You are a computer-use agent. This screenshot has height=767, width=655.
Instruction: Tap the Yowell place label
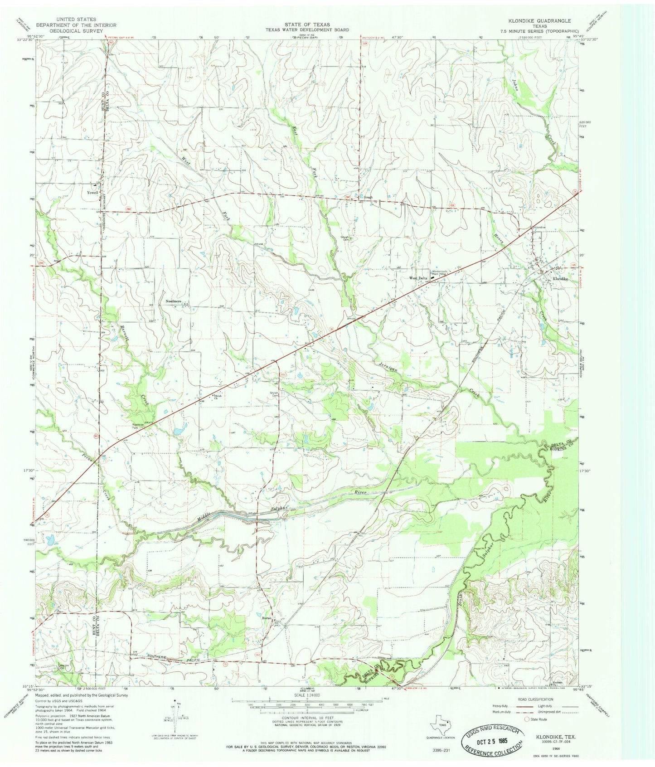[92, 192]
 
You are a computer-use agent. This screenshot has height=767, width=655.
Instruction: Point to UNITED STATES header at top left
[76, 19]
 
